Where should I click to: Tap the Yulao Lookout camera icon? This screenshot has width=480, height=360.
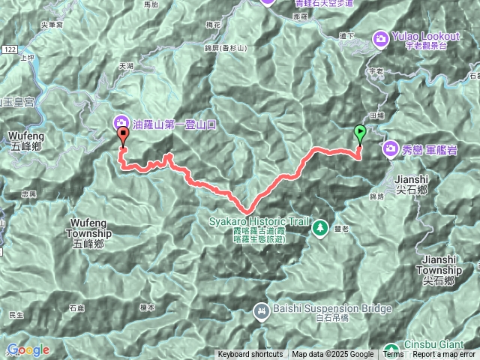click(x=381, y=37)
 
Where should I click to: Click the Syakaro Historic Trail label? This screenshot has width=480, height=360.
click(x=258, y=223)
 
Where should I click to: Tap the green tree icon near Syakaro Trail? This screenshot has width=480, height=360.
click(x=320, y=226)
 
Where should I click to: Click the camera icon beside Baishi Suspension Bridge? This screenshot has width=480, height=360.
click(x=261, y=309)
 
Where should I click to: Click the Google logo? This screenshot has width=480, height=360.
click(x=28, y=349)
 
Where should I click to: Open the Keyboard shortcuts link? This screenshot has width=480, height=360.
click(x=250, y=355)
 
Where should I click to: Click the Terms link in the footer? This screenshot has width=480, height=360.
click(x=393, y=355)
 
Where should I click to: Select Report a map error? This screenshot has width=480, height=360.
click(x=443, y=355)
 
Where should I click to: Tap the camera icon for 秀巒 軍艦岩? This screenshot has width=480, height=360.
click(x=391, y=149)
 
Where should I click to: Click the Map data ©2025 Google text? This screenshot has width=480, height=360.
click(x=333, y=355)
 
